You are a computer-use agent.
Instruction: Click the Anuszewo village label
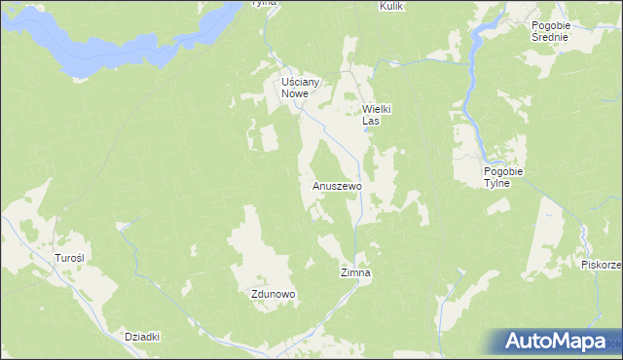coord(337,185)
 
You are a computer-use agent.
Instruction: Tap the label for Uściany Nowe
coord(294,88)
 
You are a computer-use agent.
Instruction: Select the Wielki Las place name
coord(376,115)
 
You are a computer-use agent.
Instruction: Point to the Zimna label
coord(355,273)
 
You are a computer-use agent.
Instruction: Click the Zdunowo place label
coord(273,293)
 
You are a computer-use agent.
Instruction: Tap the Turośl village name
coord(69,258)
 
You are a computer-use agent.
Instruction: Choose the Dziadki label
coord(142,337)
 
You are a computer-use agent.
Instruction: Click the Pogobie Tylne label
coord(504,177)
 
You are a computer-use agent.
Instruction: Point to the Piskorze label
coord(601,264)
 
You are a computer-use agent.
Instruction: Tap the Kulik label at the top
coord(390,5)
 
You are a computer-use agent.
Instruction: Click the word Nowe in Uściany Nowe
coord(294,94)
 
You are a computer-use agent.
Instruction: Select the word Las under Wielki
coord(370,122)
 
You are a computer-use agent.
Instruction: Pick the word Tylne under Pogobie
coord(504,184)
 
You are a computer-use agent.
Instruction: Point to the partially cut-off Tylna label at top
coord(264,3)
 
